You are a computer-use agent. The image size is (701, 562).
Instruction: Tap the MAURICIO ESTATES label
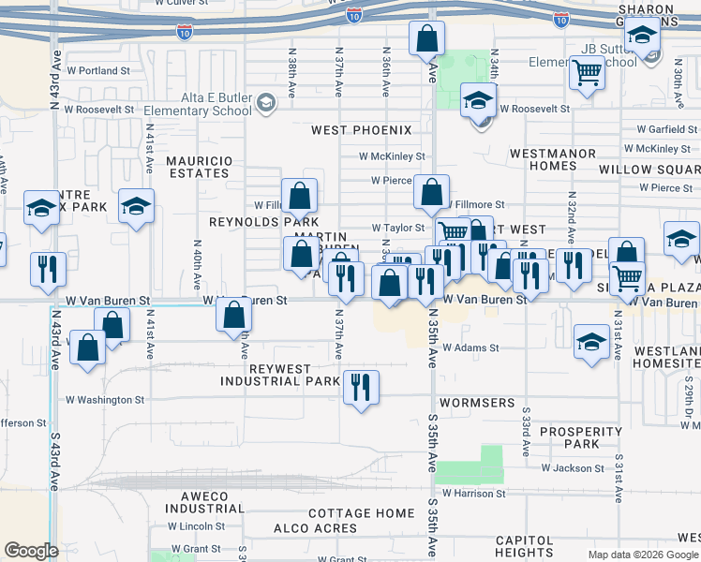pos(198,167)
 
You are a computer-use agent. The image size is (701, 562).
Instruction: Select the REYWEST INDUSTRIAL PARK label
pos(280,375)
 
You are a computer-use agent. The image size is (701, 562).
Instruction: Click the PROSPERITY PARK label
pos(581,437)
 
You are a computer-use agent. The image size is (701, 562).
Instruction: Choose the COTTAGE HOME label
pos(361,513)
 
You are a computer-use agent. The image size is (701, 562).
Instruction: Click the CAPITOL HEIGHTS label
pos(524,547)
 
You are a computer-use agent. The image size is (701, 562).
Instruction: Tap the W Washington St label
pos(104,400)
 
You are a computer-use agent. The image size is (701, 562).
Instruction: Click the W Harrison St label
pos(473,493)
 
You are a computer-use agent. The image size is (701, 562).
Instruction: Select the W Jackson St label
pos(572,468)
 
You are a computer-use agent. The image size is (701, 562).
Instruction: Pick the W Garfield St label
pos(666,129)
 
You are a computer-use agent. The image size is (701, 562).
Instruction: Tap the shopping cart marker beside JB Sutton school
pos(587,71)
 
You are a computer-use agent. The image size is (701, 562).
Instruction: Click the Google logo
pos(32,551)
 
